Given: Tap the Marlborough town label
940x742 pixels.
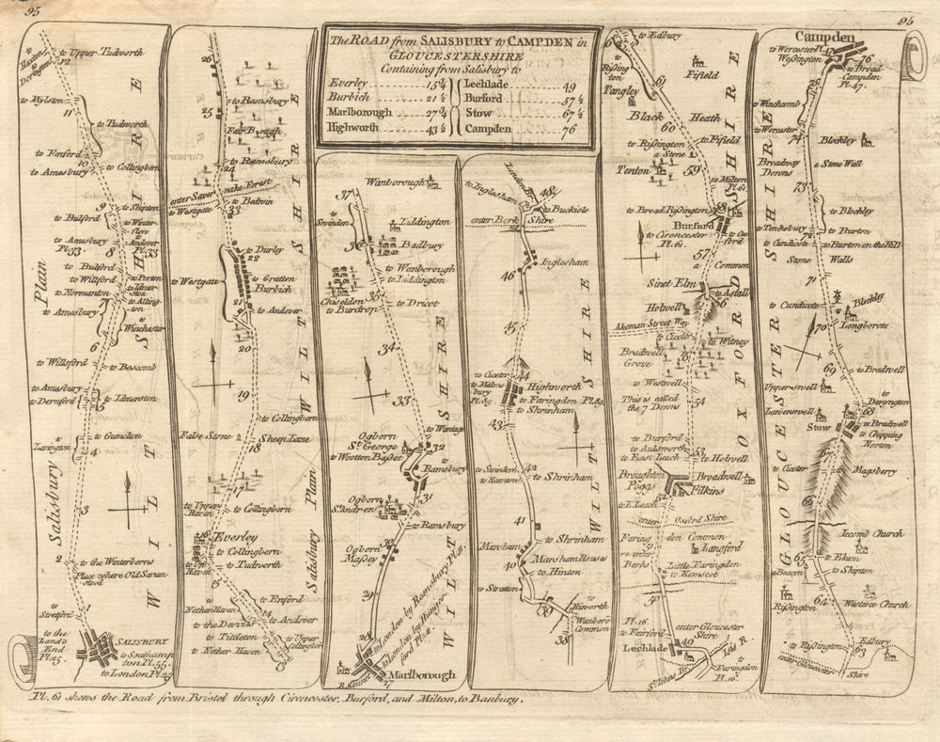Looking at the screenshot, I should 420,675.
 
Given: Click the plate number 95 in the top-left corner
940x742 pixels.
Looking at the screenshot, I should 35,11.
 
